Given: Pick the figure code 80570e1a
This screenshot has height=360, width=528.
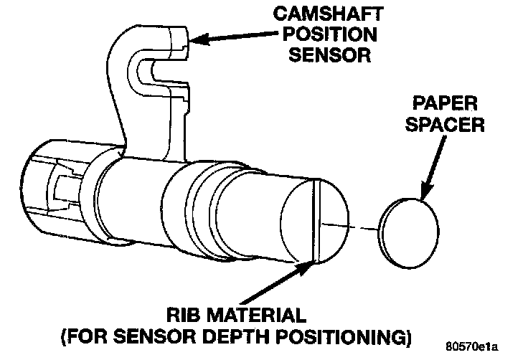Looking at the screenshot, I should tap(490, 348).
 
